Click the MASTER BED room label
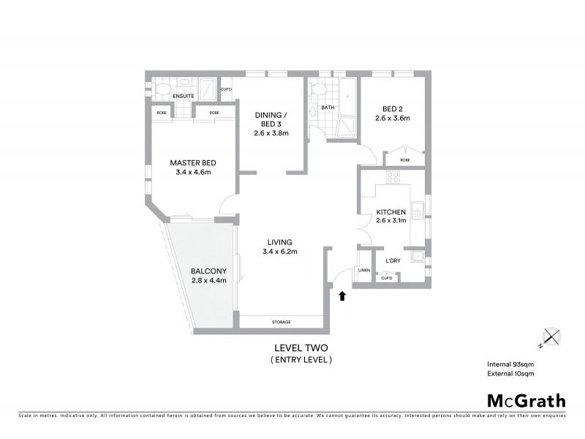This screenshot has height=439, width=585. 193,162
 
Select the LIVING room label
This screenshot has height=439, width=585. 279,242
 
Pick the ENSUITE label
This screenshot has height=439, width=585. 183,96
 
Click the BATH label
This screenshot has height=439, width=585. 328,108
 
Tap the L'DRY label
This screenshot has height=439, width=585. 395,260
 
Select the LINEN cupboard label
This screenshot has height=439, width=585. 365,271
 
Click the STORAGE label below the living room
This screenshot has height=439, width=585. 282,322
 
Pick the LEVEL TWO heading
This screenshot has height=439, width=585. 301,348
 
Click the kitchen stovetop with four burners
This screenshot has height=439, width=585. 392,176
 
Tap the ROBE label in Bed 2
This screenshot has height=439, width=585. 404,160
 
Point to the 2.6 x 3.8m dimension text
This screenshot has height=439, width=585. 271,133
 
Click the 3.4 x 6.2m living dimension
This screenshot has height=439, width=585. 279,252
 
